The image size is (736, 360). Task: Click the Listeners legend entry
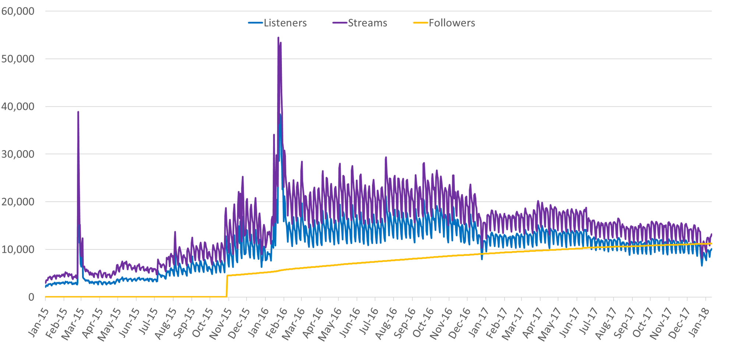click(285, 23)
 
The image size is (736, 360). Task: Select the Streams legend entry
click(367, 23)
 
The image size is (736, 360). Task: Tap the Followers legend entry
click(452, 23)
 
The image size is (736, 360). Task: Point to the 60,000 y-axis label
click(18, 11)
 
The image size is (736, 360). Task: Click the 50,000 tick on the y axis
click(18, 59)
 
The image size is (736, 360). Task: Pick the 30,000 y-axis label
click(18, 154)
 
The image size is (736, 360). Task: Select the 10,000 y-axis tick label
click(18, 250)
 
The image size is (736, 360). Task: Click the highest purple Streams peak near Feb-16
click(278, 38)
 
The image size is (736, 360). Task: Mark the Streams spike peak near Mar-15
click(78, 112)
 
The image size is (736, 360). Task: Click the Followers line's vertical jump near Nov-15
click(227, 286)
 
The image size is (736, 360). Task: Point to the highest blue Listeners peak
click(280, 114)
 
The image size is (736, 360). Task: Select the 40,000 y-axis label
click(18, 107)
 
